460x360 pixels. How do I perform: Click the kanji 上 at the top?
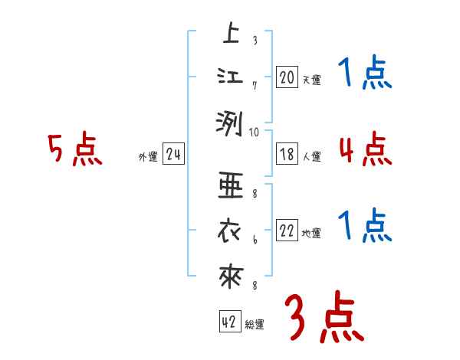[x=230, y=34]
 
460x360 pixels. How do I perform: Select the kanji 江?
[x=230, y=77]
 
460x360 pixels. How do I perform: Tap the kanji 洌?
[x=230, y=123]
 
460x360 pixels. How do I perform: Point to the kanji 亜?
[x=230, y=185]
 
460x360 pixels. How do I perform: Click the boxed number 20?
[x=287, y=78]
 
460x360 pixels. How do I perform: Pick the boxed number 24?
[x=174, y=155]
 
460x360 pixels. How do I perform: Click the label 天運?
[x=311, y=80]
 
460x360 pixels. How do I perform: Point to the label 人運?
[x=311, y=156]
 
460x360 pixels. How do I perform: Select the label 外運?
[x=148, y=156]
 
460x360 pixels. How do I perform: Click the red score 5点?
[x=75, y=150]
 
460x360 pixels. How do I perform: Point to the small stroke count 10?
[x=255, y=132]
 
